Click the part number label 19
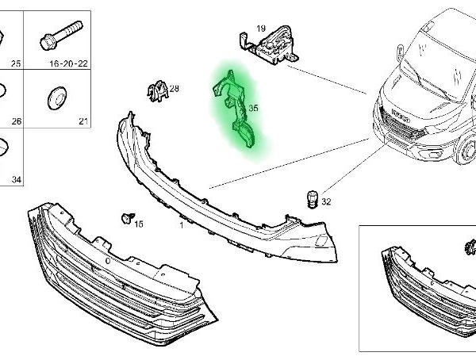pos(261,29)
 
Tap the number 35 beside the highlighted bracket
pos(254,108)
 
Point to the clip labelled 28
pos(157,90)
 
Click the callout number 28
pos(175,89)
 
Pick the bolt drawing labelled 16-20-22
pos(61,35)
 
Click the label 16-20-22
pos(68,63)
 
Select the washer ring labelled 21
pos(57,98)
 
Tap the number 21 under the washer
pos(83,121)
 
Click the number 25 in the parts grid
pos(16,63)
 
